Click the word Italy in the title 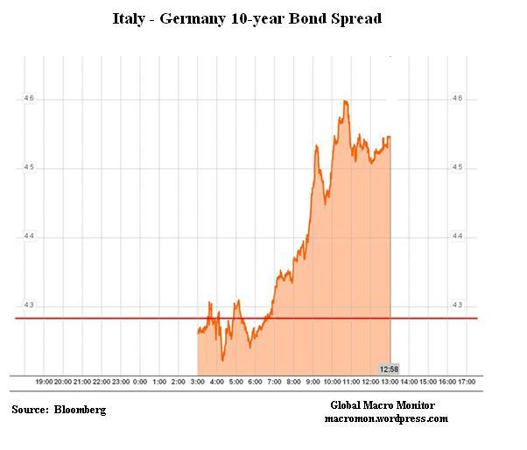130,18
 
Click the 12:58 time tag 390,369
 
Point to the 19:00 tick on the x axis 44,383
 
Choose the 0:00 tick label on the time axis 140,383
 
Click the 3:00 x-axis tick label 198,383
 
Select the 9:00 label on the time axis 313,383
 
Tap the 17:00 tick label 467,383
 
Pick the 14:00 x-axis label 409,383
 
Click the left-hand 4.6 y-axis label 29,99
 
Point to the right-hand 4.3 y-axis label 456,305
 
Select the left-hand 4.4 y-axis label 29,236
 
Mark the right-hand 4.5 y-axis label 456,167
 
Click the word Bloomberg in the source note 80,410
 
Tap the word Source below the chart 30,410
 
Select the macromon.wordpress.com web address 385,418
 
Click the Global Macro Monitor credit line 383,405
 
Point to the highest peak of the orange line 346,101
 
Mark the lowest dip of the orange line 222,359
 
